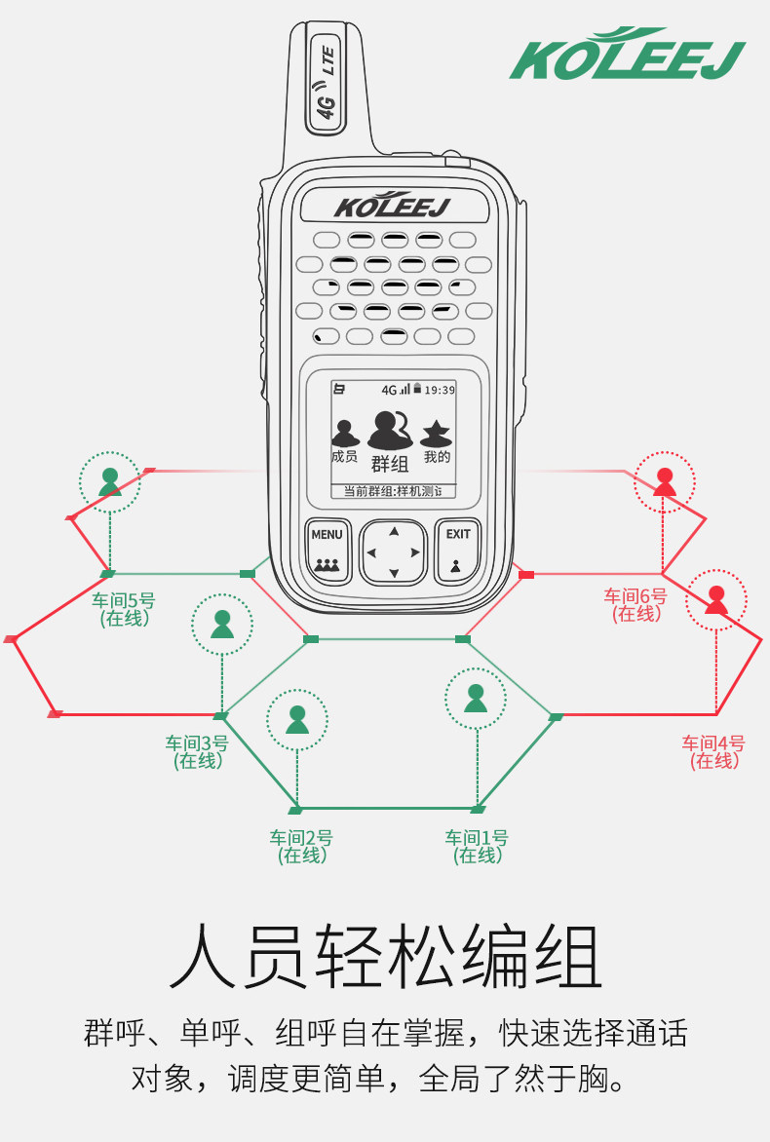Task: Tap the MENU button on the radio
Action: (327, 549)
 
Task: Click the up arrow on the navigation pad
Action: (394, 532)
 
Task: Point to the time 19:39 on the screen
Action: (440, 390)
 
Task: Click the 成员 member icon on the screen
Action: (343, 440)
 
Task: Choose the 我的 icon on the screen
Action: (437, 440)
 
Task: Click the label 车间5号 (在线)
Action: (124, 608)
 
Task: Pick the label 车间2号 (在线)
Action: (301, 846)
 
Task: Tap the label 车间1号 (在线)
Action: (477, 846)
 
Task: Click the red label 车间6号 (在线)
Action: (635, 605)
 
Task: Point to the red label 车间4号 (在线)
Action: (713, 752)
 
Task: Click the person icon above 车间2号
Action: (297, 719)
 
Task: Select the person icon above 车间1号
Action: (476, 698)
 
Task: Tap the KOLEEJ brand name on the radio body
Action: (393, 206)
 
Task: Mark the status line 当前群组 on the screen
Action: (393, 491)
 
